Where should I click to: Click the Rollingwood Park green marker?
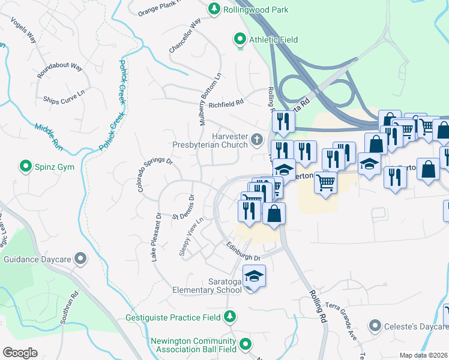tap(213, 9)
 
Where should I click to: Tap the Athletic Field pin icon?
tap(240, 40)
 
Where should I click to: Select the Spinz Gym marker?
tap(26, 166)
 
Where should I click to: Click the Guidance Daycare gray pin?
tap(80, 259)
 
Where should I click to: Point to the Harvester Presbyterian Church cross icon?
tap(257, 140)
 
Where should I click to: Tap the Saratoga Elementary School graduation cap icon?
tap(255, 277)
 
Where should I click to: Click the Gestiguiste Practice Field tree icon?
tap(229, 316)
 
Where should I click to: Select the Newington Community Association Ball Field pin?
tap(245, 344)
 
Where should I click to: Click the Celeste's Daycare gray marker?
tap(375, 326)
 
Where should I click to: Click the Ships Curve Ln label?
tap(64, 96)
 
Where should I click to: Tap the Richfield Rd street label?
tap(226, 103)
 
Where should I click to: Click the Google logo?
tap(20, 353)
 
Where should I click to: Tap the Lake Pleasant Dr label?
tap(156, 237)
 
